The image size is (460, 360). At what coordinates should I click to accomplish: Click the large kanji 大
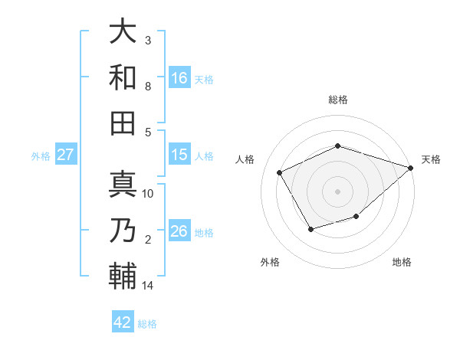[x=123, y=32]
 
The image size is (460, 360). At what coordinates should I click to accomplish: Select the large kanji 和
[x=123, y=77]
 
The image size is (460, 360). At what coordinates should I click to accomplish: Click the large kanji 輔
[x=123, y=275]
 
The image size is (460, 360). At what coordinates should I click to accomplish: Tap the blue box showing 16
[x=179, y=77]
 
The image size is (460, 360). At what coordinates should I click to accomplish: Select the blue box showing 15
[x=179, y=155]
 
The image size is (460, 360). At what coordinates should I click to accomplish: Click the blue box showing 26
[x=179, y=231]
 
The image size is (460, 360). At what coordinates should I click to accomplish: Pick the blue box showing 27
[x=66, y=155]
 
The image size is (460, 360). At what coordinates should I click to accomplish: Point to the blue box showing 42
[x=123, y=322]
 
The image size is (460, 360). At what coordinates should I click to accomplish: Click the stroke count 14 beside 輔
[x=148, y=286]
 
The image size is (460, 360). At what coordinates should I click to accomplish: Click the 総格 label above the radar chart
[x=338, y=100]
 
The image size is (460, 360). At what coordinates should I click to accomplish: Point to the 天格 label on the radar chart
[x=431, y=159]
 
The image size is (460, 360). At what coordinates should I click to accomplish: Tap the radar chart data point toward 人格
[x=280, y=172]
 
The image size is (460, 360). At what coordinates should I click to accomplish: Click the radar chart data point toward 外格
[x=310, y=229]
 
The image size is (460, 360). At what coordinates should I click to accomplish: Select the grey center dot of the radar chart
[x=338, y=191]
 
